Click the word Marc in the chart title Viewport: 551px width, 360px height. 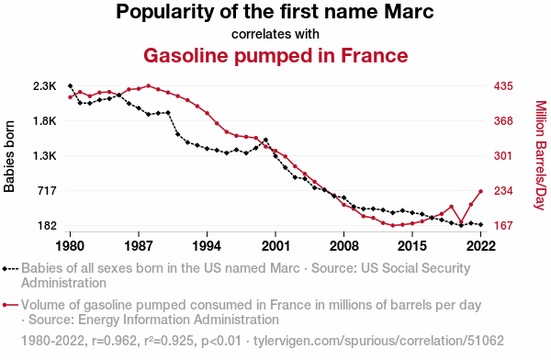point(409,12)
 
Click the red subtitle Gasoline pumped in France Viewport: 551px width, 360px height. point(275,55)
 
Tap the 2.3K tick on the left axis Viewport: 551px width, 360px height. point(45,85)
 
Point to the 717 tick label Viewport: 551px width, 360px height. point(47,190)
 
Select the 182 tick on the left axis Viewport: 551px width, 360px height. point(47,225)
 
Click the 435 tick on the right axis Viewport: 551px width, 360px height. point(503,85)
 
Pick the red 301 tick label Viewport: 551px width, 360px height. point(503,155)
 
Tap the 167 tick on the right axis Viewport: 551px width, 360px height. point(503,225)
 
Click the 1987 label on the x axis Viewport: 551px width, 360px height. point(139,246)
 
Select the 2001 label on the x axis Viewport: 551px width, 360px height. point(275,246)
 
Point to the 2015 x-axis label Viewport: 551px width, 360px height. point(412,246)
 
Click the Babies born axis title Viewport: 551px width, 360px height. point(9,156)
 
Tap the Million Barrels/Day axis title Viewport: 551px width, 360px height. point(541,155)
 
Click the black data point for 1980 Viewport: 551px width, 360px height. point(71,85)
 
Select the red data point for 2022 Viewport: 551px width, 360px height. point(480,191)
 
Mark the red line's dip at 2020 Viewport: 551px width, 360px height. point(461,222)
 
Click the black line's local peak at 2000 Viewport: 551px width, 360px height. point(265,140)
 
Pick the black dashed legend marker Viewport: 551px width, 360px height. point(10,269)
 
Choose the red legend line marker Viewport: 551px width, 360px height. point(10,305)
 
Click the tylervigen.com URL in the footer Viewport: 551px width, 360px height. point(378,341)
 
